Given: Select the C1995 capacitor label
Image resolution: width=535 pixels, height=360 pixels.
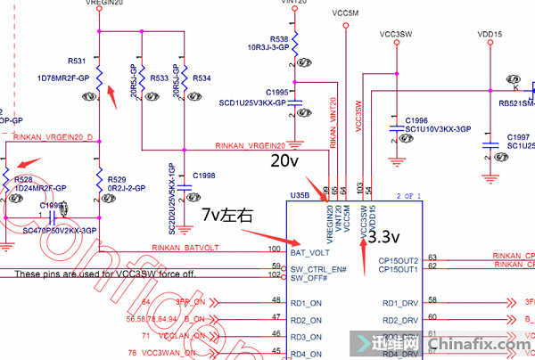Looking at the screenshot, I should pos(277,93).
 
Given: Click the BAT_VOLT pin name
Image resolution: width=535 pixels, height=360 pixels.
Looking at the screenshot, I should pos(309,252).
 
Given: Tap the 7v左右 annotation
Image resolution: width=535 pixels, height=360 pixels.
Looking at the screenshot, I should pos(229,216).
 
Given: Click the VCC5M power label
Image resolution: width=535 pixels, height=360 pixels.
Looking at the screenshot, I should pos(344,14).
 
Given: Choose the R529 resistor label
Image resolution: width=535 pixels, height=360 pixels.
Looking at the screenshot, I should pos(116,179).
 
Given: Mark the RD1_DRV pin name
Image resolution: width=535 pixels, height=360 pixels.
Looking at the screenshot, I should pos(399,302).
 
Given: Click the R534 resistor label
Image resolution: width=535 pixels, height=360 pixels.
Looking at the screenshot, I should pos(202,78).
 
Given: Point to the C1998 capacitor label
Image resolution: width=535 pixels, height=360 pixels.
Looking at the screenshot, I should pos(205,175).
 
